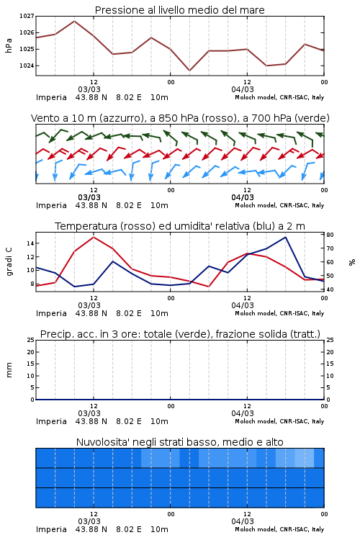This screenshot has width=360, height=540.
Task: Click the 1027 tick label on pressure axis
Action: (27, 16)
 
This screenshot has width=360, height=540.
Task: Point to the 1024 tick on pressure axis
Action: (27, 66)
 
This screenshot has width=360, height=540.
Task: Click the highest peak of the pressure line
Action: (74, 21)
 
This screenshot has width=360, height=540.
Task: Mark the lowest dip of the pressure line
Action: (189, 71)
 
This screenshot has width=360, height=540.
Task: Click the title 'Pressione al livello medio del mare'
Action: (180, 10)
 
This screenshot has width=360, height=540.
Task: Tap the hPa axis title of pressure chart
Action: (9, 45)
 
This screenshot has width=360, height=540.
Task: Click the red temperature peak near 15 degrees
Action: (94, 237)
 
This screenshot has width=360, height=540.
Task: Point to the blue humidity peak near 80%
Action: (285, 237)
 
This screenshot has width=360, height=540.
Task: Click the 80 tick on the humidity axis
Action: (330, 235)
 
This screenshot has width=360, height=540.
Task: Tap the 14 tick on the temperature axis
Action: (30, 243)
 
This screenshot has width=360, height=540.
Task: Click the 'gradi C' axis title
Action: (9, 261)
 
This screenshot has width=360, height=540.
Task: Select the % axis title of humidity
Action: (352, 262)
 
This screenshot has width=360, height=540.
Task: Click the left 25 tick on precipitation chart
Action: (31, 340)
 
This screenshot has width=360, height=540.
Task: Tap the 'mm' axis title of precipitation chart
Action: (9, 370)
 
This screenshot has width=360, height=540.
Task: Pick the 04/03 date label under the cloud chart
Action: (243, 521)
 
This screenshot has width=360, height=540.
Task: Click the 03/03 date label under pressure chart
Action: (89, 89)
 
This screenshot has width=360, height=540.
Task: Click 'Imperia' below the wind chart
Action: (51, 205)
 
